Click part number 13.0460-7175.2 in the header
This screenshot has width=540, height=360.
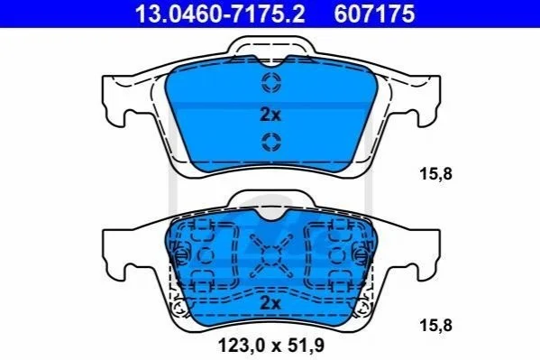coord(220,14)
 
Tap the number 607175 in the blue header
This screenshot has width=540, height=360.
coord(375,14)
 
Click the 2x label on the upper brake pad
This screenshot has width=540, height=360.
coord(270,115)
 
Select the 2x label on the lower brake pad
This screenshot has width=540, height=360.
coord(270,303)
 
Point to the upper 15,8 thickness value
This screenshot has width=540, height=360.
coord(435,174)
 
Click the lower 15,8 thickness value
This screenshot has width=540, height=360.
coord(435,325)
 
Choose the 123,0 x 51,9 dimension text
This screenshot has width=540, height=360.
coord(271,346)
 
